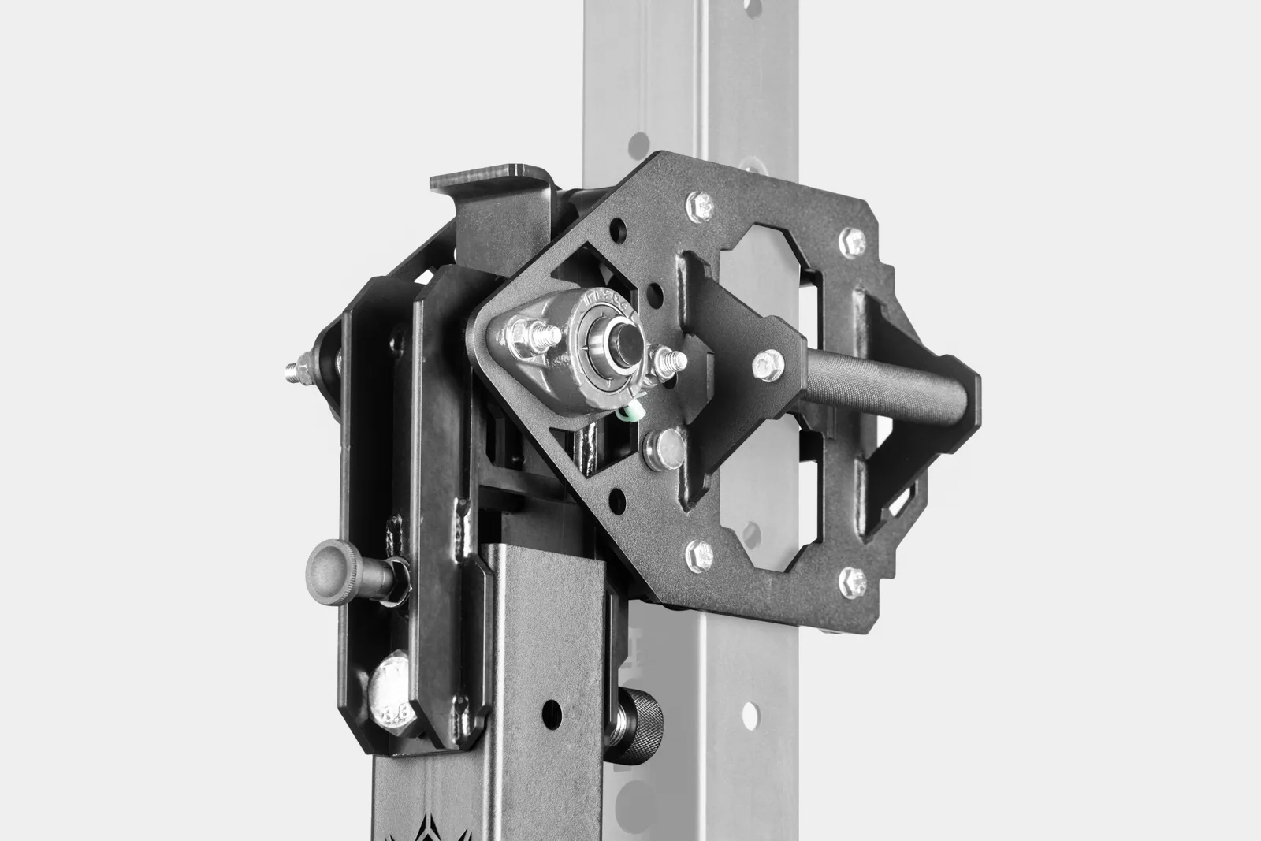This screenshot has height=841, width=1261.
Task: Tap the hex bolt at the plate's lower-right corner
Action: point(850,581)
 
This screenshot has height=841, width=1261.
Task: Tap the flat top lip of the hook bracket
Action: point(489,174)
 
